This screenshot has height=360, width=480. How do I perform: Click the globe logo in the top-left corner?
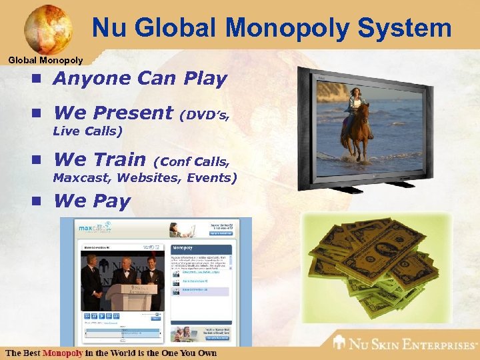48,29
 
